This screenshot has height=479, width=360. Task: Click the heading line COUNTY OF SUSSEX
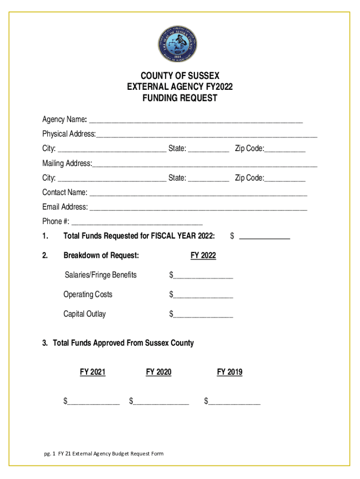[180, 76]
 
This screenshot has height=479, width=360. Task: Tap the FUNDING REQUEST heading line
[180, 98]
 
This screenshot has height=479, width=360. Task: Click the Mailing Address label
[67, 164]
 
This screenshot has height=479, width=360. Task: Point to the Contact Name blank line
[198, 193]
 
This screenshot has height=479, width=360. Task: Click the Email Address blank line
[198, 207]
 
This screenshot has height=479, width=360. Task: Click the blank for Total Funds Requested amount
[264, 237]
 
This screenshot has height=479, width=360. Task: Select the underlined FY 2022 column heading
[203, 256]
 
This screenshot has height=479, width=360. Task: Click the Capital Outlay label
[85, 314]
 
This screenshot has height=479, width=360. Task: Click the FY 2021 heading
[93, 372]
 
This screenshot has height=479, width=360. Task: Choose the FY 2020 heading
[158, 372]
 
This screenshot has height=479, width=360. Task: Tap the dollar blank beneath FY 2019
[234, 401]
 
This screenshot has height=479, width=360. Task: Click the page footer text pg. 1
[49, 453]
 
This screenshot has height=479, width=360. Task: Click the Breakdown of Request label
[101, 255]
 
